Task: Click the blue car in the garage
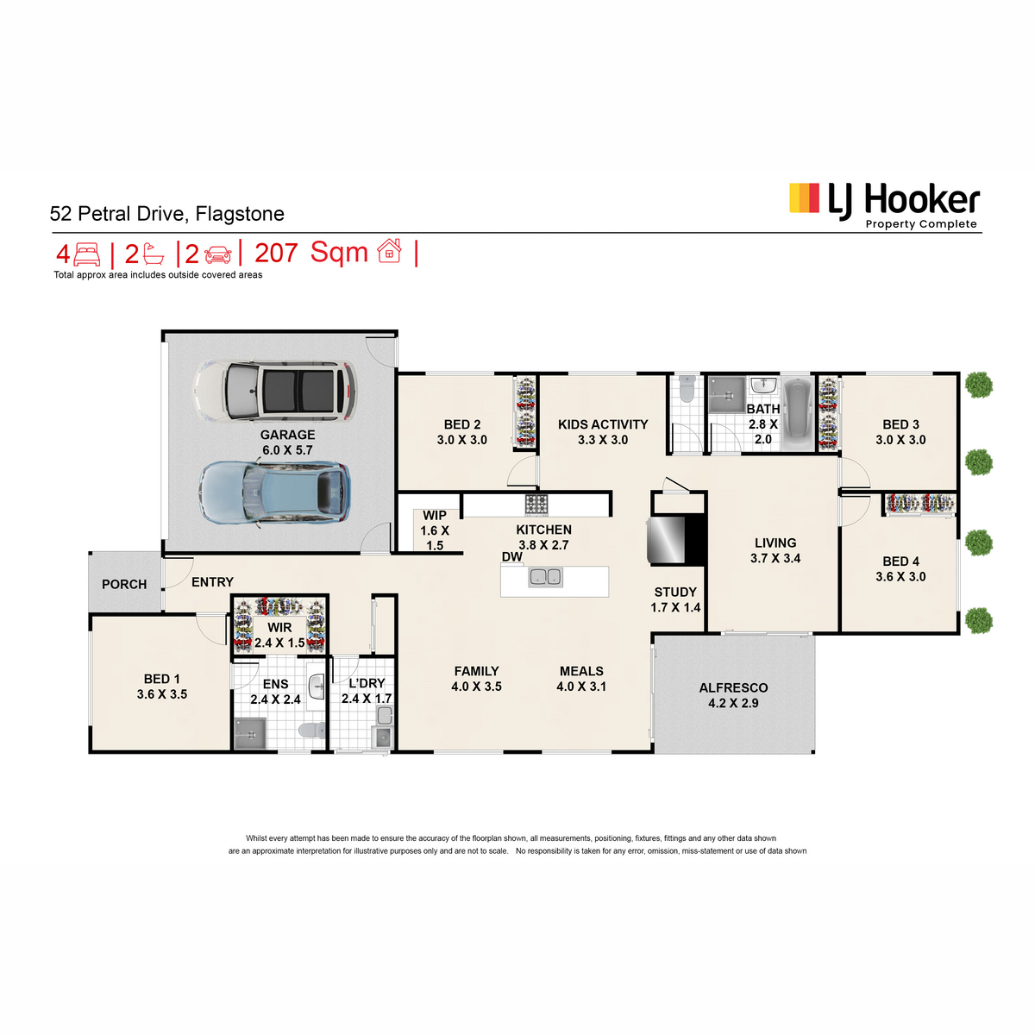click(274, 492)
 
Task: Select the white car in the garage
click(274, 391)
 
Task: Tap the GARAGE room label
click(287, 435)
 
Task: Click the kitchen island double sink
click(545, 577)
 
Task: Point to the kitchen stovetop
click(536, 505)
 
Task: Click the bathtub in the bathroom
click(798, 414)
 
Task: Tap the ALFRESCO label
click(733, 687)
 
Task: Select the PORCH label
click(124, 585)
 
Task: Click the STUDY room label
click(675, 592)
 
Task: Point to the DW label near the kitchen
click(511, 556)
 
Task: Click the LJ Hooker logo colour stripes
click(804, 198)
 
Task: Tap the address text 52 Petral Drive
click(118, 214)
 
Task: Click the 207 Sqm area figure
click(311, 252)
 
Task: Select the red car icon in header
click(218, 254)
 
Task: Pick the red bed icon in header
click(87, 254)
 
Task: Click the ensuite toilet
click(311, 731)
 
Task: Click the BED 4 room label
click(900, 561)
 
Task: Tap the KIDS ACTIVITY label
click(603, 424)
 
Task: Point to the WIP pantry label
click(435, 516)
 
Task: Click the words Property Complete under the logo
click(920, 224)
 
